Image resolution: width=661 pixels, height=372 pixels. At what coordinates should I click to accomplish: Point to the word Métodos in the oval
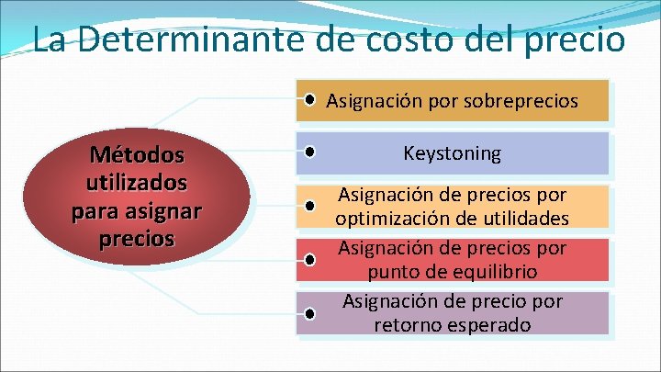[x=137, y=152]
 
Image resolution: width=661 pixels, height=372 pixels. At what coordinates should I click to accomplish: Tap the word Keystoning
[x=453, y=153]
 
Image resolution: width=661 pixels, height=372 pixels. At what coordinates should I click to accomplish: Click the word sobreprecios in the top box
[x=524, y=100]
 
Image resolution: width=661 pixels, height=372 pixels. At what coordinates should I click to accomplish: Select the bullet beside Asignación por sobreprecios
[x=314, y=98]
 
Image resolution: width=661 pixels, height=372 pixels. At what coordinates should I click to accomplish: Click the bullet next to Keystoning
[x=312, y=151]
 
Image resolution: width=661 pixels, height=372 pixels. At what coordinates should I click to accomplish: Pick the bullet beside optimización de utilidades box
[x=312, y=207]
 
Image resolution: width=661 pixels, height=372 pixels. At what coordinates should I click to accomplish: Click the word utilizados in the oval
[x=137, y=181]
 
